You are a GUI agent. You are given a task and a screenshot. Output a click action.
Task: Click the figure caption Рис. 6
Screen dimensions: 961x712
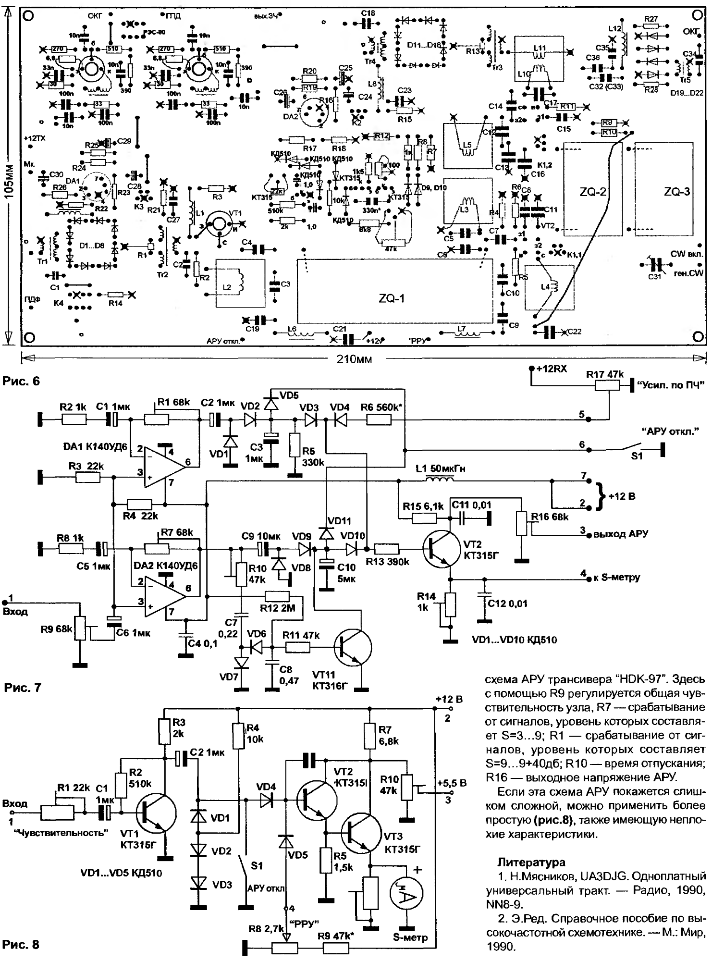click(x=21, y=381)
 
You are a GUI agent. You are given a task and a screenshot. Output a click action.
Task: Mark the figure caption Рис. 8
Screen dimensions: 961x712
click(x=21, y=945)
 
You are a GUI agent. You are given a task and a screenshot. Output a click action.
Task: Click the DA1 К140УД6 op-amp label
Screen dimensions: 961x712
click(x=95, y=447)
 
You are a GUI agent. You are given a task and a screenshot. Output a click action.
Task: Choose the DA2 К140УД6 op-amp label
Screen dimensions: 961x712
click(x=161, y=566)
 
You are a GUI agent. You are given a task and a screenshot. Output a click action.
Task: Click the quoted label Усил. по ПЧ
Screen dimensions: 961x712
click(x=670, y=385)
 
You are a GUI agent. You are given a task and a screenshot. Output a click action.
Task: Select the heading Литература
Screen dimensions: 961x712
click(x=531, y=862)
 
